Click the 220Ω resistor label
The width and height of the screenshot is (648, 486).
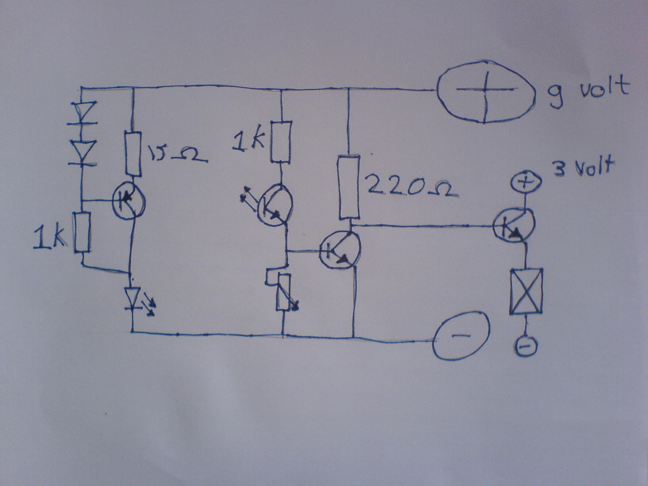point(411,187)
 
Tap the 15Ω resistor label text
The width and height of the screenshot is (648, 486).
point(177,155)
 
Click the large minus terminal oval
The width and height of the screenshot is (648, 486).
point(461,336)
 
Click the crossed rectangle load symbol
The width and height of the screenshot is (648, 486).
point(526,291)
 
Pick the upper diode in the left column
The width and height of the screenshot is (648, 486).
point(83,113)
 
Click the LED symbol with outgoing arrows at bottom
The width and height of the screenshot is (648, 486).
point(133,298)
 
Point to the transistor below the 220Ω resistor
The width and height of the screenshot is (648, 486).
point(340,250)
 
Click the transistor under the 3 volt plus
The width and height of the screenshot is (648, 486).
point(514,224)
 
